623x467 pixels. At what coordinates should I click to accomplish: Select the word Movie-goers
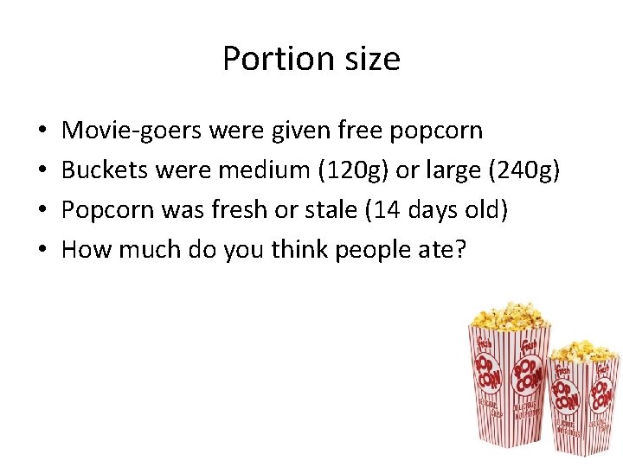click(131, 131)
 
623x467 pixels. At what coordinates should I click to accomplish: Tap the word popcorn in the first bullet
click(436, 131)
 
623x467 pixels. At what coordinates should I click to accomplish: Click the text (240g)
click(524, 170)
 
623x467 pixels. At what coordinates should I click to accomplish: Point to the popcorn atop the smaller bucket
click(585, 349)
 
